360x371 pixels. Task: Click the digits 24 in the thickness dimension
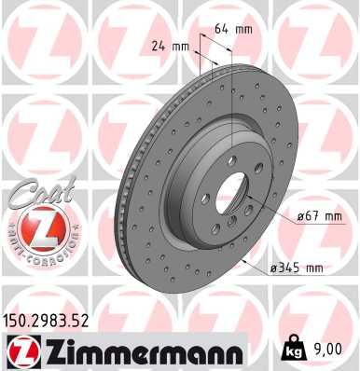pos(159,46)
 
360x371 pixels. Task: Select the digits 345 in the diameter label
pos(287,268)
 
